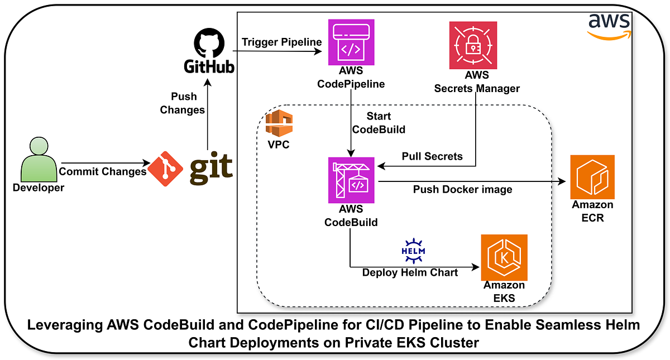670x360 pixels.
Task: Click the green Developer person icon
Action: coord(39,160)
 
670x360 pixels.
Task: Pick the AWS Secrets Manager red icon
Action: coord(473,45)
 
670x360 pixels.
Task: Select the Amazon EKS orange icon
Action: coord(504,257)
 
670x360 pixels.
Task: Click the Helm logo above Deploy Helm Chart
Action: coord(413,249)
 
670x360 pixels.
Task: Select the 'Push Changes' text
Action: coord(182,103)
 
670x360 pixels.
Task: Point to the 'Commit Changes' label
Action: coord(103,171)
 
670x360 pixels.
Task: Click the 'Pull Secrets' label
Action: coord(432,156)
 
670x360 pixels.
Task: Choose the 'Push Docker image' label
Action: coord(462,190)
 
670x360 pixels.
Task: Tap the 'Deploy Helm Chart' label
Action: coord(410,272)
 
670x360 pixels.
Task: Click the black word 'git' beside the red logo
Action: coord(211,168)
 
